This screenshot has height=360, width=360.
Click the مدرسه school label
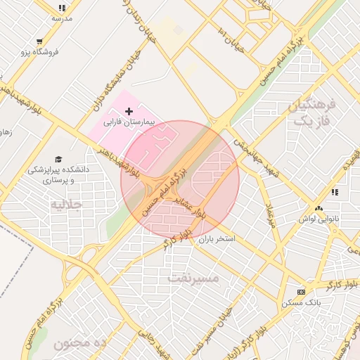[62, 18]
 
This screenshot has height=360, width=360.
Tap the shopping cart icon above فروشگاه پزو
[39, 41]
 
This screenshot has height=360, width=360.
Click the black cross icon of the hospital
[129, 111]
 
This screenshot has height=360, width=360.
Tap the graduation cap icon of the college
[58, 159]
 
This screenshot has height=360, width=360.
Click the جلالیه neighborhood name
[67, 205]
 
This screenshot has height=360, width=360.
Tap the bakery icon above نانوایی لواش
[319, 208]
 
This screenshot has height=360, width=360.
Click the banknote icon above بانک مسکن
[302, 292]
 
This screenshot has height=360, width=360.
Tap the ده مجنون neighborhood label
[79, 343]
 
